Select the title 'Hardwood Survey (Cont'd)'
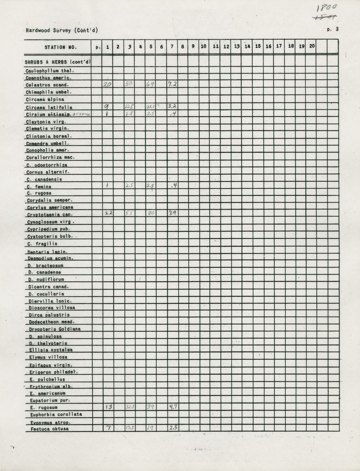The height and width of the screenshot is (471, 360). click(x=62, y=30)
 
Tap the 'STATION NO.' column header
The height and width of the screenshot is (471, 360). click(x=60, y=47)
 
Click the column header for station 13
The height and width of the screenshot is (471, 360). click(x=236, y=46)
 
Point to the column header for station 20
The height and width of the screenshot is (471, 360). click(x=312, y=46)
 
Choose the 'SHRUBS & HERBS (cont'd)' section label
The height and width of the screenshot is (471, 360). click(x=57, y=62)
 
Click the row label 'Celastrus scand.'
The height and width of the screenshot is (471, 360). click(x=47, y=85)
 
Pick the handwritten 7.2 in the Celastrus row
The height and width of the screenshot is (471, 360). click(x=172, y=84)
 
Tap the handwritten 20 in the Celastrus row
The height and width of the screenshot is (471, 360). click(x=107, y=84)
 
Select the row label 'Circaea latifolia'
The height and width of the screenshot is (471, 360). click(x=49, y=108)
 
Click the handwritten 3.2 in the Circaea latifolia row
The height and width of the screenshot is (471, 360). click(x=172, y=106)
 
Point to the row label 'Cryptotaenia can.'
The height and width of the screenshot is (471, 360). click(x=49, y=215)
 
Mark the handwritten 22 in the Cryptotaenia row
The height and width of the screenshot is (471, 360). click(x=108, y=213)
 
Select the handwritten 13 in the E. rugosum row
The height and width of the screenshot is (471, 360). click(x=108, y=406)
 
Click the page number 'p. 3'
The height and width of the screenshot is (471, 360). click(x=332, y=29)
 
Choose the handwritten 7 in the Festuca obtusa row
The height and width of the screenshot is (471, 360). click(x=108, y=428)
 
